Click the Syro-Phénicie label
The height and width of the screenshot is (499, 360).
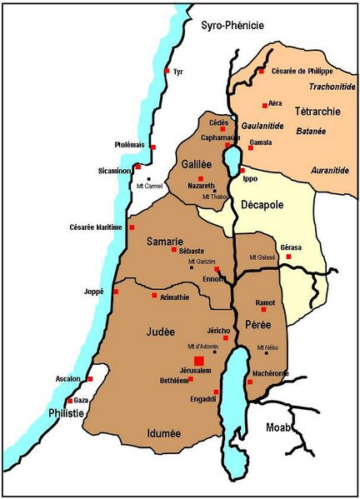232,26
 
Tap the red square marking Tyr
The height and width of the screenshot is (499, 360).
167,71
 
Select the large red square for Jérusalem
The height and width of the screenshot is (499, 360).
198,360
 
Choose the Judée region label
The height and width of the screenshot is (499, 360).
161,331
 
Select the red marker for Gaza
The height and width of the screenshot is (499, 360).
70,401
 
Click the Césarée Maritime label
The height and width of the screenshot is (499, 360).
97,227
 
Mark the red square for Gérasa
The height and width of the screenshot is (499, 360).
288,257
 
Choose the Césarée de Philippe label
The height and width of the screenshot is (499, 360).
302,72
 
